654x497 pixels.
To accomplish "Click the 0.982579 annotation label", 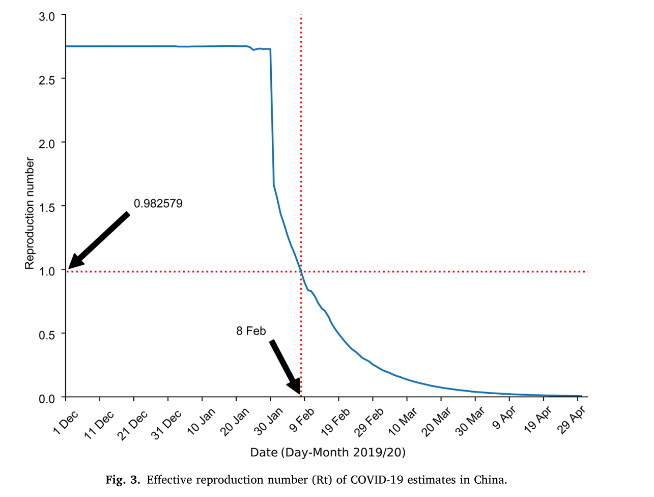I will (x=158, y=204).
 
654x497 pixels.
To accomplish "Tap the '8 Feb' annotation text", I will (x=251, y=331).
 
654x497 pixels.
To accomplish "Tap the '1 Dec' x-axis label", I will (x=66, y=422).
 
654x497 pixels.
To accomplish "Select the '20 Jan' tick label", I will (x=235, y=422).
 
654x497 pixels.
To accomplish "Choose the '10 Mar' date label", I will (x=403, y=422).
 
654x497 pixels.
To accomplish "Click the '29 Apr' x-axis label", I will (x=572, y=422).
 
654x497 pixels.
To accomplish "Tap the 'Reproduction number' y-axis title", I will (x=30, y=213).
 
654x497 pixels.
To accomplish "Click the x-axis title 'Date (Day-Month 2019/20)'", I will (x=328, y=452).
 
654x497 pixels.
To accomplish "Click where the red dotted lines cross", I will (x=301, y=271).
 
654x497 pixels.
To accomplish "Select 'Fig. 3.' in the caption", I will (x=122, y=480).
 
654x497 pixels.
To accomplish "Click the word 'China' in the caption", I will (x=490, y=480).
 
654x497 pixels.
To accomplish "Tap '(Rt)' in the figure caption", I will (x=322, y=480).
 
